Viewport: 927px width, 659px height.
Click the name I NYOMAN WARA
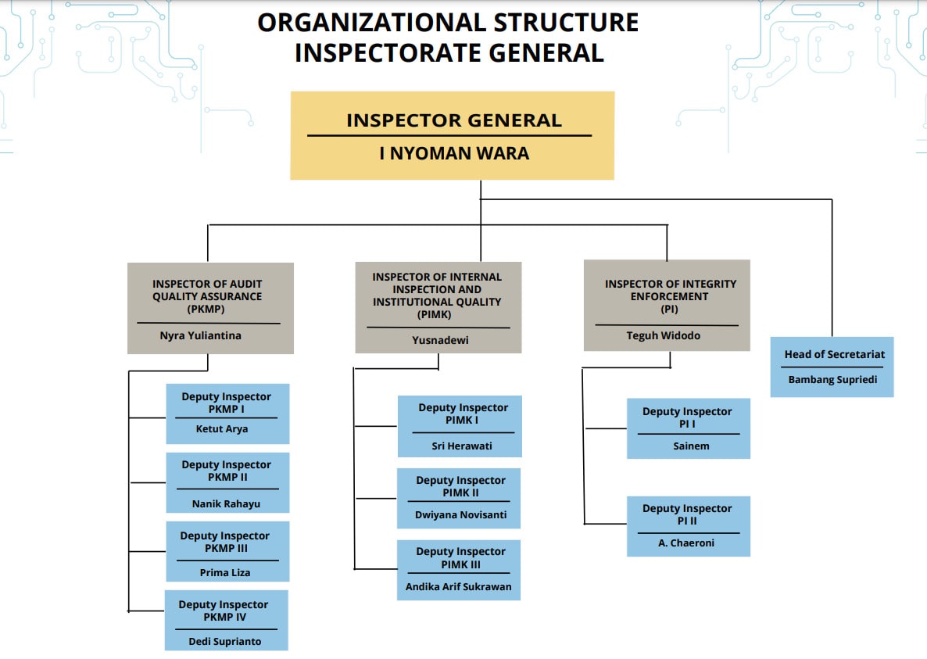[x=454, y=153]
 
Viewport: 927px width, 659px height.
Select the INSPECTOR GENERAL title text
[x=454, y=120]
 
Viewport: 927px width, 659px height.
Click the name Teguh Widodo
[x=664, y=335]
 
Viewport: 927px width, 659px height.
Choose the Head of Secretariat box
[x=832, y=367]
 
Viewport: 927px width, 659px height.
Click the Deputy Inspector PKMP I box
[x=227, y=414]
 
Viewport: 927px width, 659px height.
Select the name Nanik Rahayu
[x=226, y=503]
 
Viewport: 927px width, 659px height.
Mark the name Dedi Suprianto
[x=225, y=641]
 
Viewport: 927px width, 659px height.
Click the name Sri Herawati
[x=462, y=446]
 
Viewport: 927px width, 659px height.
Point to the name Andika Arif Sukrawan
[x=459, y=586]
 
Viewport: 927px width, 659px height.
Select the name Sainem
[x=688, y=446]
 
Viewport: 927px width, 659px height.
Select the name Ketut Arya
[x=222, y=428]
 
